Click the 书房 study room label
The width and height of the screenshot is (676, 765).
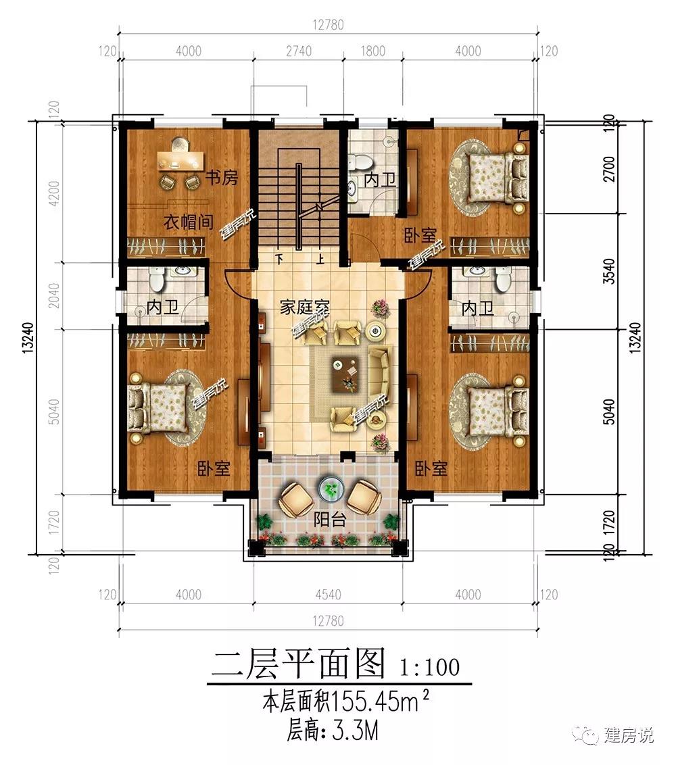pyautogui.click(x=221, y=179)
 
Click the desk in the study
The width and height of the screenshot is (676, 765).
pyautogui.click(x=180, y=161)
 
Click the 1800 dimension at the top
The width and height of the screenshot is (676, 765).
pyautogui.click(x=372, y=51)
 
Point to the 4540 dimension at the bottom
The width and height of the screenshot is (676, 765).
pyautogui.click(x=327, y=595)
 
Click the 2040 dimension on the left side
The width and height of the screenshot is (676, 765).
pyautogui.click(x=55, y=295)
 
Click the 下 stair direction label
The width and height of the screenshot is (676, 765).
pyautogui.click(x=279, y=257)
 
